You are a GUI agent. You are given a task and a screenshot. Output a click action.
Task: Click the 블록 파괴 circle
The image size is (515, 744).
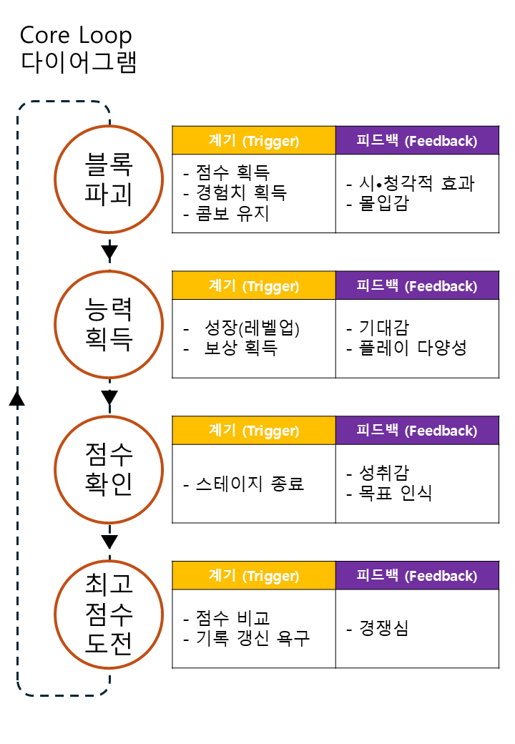109,179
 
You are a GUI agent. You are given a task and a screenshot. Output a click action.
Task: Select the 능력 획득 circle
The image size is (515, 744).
109,324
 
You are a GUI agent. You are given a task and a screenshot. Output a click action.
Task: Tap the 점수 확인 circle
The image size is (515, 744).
109,469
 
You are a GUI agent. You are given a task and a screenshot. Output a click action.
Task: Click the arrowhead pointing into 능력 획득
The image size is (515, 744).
109,252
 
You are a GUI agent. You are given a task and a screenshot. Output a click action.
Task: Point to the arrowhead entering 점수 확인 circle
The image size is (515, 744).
109,397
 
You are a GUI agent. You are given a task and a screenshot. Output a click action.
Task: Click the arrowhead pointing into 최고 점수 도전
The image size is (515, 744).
109,542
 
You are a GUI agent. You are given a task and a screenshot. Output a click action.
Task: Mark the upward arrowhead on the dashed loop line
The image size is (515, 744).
18,398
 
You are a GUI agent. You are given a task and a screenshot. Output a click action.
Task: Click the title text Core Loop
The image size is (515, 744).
76,35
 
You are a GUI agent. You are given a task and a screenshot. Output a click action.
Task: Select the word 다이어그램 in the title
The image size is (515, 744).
79,62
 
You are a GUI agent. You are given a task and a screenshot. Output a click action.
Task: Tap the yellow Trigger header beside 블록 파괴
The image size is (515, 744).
254,141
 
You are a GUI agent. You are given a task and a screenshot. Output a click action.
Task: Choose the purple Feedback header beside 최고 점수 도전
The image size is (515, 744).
417,576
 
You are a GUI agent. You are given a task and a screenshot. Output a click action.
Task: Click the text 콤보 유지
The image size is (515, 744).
233,213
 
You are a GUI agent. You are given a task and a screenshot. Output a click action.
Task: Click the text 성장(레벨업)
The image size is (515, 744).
251,328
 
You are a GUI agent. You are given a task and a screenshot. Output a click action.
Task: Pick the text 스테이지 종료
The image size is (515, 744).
250,484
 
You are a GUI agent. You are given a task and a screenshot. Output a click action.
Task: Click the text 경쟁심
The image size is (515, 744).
384,629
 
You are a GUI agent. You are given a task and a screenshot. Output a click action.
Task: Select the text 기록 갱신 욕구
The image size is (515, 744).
252,638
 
